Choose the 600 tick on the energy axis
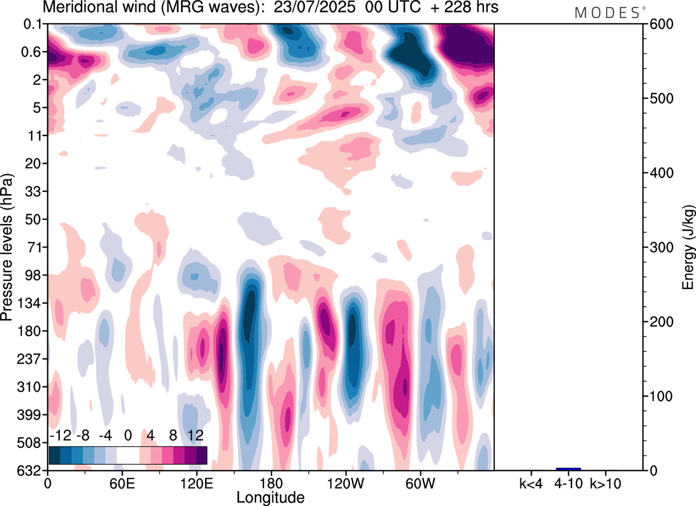click(659, 24)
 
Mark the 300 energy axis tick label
click(659, 248)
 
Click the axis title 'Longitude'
click(270, 497)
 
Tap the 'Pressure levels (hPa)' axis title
click(8, 248)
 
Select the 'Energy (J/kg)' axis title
click(688, 248)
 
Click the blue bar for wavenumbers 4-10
click(568, 468)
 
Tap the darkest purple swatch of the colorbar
click(201, 455)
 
